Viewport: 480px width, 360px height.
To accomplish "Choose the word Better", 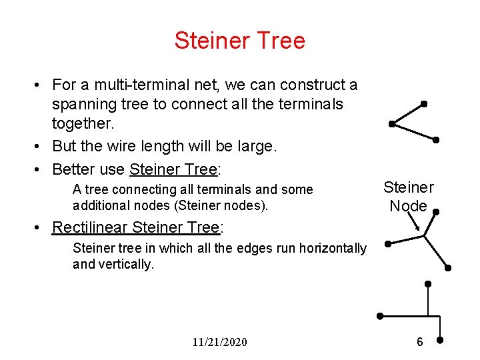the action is point(75,169).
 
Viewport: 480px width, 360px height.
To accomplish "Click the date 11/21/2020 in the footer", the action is point(219,342).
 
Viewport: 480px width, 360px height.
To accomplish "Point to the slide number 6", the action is point(419,342).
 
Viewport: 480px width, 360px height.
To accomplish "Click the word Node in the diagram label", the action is point(408,206).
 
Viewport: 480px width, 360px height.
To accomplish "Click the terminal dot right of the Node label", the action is point(435,212).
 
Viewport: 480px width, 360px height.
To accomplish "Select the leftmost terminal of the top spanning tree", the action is point(391,123).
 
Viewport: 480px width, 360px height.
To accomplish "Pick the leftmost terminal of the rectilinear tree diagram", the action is point(379,315).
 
